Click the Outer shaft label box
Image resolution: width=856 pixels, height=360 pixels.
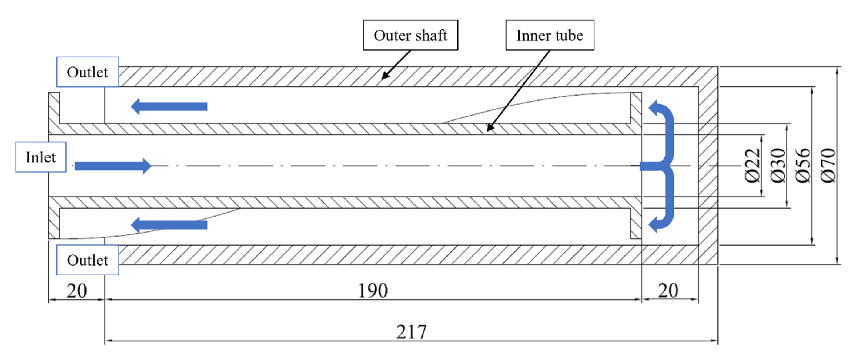(x=410, y=35)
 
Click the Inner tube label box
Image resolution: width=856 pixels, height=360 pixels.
(x=550, y=35)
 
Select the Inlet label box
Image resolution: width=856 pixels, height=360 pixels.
(x=41, y=157)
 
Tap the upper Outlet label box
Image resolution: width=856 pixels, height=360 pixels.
(x=87, y=72)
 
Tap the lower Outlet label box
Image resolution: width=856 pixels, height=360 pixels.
(x=87, y=260)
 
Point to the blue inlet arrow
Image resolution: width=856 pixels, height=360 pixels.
(x=113, y=166)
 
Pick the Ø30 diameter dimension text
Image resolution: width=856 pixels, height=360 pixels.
(x=778, y=166)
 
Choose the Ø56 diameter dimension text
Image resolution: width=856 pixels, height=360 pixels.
(x=803, y=166)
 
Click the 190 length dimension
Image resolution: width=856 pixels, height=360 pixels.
(x=373, y=291)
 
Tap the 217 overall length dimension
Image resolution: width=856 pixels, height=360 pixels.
(x=411, y=332)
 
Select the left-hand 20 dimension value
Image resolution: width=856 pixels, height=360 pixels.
(x=76, y=291)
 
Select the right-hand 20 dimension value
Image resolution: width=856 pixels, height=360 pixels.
(x=668, y=291)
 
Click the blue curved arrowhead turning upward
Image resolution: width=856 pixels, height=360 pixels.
(x=654, y=108)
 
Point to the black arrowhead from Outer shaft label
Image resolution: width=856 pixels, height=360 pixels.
(x=384, y=76)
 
